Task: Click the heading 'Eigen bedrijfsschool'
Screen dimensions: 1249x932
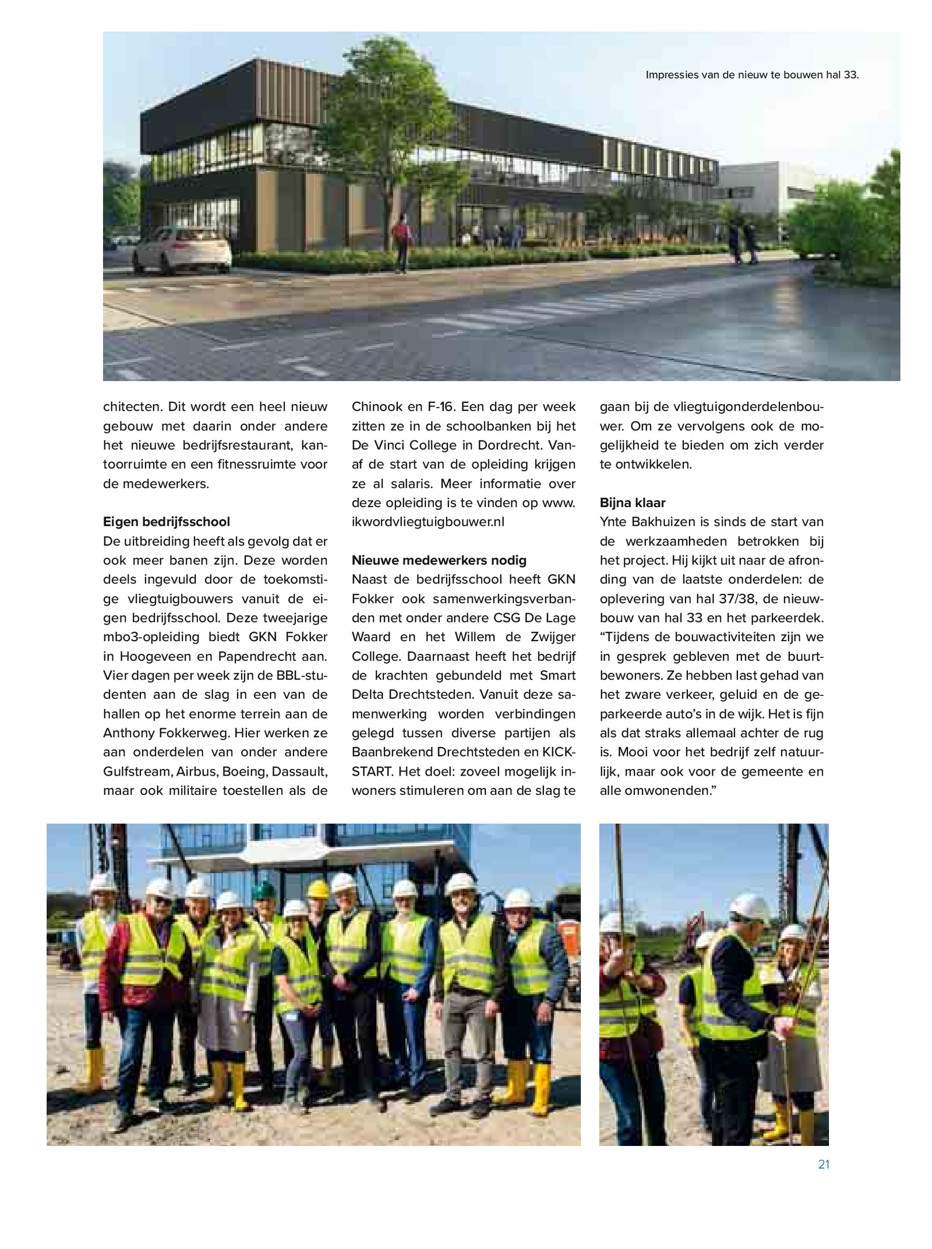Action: point(167,522)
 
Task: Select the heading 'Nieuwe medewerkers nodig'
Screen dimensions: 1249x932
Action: point(439,560)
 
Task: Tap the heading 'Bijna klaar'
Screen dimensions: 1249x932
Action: point(632,503)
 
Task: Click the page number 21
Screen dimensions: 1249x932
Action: point(823,1164)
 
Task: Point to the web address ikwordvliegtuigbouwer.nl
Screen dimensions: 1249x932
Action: point(428,522)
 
